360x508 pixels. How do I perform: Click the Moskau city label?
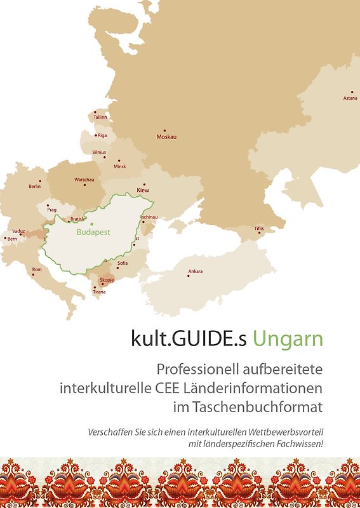click(167, 137)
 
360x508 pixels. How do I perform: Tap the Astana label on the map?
click(350, 98)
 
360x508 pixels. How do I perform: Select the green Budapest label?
click(93, 232)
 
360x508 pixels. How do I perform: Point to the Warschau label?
click(84, 180)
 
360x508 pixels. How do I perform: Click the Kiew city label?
click(142, 190)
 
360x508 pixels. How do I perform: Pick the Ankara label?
click(196, 272)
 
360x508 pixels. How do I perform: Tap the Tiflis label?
click(258, 228)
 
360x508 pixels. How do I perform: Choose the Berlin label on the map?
click(35, 187)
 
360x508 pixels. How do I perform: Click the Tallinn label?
click(100, 117)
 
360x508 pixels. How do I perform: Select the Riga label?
click(102, 135)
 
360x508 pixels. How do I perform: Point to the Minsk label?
click(119, 166)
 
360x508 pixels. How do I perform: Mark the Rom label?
click(37, 269)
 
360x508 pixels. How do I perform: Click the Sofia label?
click(123, 263)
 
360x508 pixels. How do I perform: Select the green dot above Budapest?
click(91, 224)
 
